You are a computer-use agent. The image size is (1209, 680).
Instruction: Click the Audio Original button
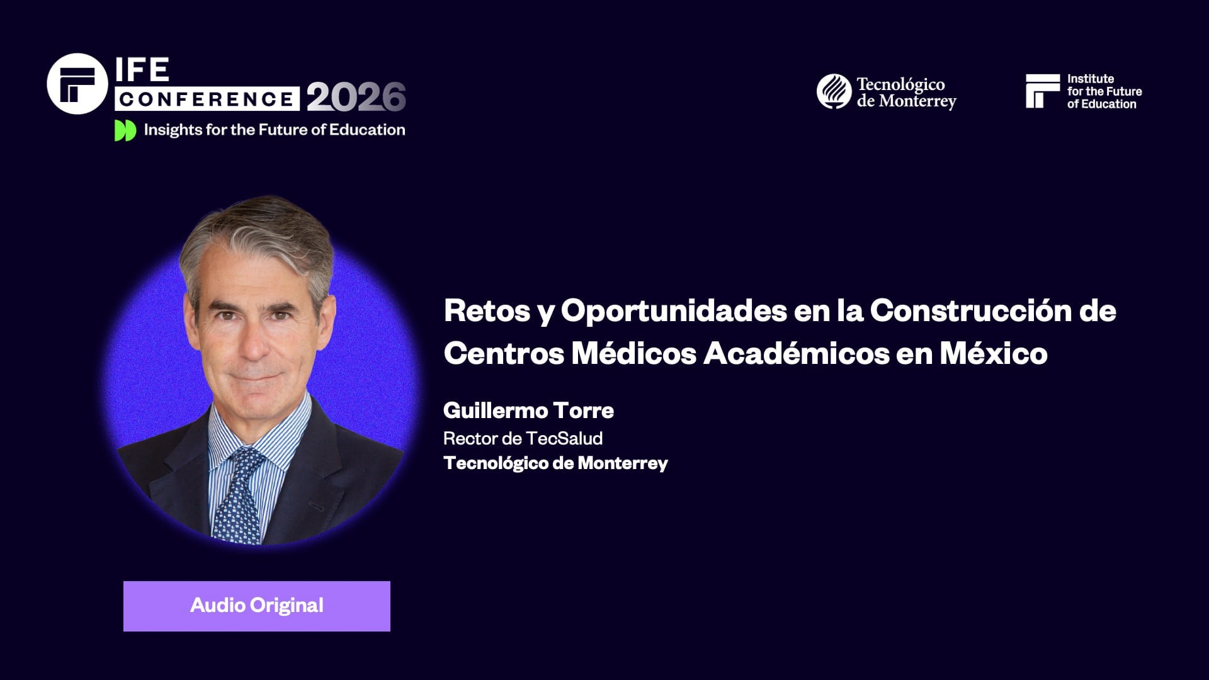click(x=257, y=606)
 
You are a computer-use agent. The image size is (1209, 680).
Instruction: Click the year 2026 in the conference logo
click(x=356, y=98)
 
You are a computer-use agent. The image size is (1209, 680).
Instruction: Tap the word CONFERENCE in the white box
click(x=207, y=99)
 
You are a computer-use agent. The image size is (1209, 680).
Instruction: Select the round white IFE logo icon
click(x=77, y=84)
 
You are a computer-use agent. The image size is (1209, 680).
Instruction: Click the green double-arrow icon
click(x=125, y=130)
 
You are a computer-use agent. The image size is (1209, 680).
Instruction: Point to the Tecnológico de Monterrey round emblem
click(x=834, y=91)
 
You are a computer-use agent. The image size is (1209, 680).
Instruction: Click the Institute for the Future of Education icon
click(x=1042, y=91)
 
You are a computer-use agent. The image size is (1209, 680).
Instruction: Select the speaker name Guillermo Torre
click(x=528, y=411)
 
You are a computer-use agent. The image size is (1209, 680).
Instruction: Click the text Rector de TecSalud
click(x=523, y=438)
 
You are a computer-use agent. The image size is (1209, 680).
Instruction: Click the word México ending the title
click(x=993, y=353)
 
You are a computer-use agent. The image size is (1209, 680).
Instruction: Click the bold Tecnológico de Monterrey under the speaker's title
click(x=555, y=463)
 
